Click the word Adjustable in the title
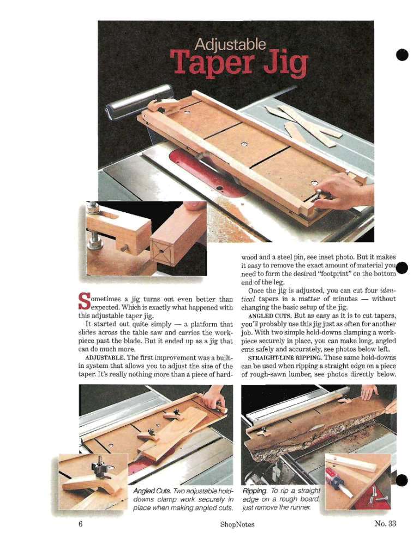230,45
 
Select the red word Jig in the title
285,64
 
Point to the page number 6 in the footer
81,524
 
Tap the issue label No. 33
385,523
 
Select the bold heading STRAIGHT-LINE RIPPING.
284,358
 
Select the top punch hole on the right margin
402,55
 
